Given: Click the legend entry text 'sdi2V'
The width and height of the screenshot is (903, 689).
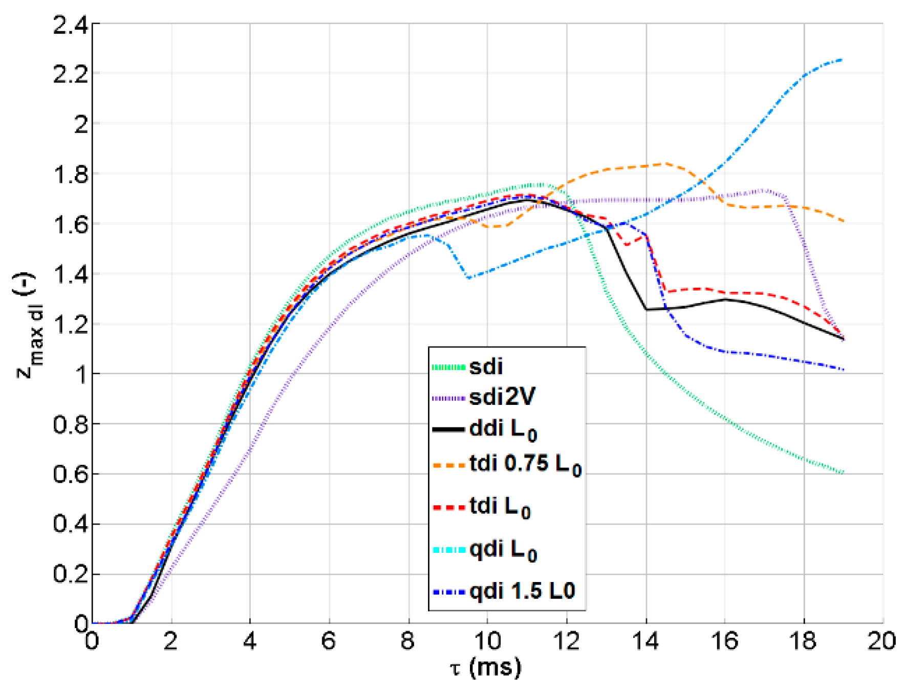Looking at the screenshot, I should tap(502, 397).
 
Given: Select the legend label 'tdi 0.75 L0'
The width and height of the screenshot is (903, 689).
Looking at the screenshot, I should tap(525, 465).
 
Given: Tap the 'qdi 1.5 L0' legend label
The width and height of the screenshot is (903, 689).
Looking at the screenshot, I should tap(522, 591).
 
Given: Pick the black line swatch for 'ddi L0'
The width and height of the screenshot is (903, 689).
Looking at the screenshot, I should tap(449, 429).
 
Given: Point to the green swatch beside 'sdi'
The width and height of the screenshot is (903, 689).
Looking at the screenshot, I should tap(449, 367).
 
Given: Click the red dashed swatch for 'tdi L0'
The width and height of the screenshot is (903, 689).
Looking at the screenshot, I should tap(449, 507).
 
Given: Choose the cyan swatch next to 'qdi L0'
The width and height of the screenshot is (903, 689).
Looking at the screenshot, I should tap(449, 550).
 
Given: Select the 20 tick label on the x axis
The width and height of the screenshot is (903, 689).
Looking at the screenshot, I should tap(881, 641).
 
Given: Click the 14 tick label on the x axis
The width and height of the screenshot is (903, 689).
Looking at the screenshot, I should tap(646, 641).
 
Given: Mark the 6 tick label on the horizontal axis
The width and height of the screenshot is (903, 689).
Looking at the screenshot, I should tap(329, 641).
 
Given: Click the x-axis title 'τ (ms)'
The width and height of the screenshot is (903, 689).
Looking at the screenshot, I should tap(486, 667).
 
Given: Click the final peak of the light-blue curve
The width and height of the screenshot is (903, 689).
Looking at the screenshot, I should tap(842, 60).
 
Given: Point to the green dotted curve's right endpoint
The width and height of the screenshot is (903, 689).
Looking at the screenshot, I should tap(843, 472).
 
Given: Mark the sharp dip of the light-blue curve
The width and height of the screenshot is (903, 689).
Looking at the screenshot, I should tap(469, 278).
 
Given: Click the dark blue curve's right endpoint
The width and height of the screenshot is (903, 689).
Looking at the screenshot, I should tap(843, 369).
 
